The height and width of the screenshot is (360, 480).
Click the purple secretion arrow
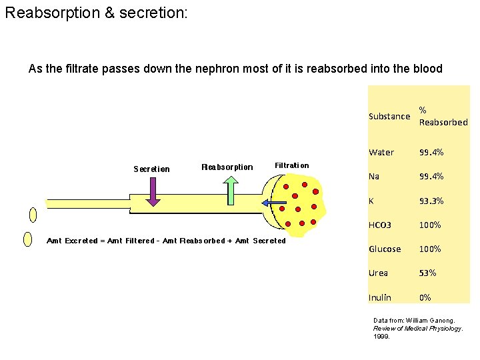[x=153, y=191]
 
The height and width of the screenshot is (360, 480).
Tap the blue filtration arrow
[x=273, y=202]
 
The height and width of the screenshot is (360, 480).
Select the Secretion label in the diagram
[x=151, y=169]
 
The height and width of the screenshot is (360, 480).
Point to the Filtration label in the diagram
[x=291, y=165]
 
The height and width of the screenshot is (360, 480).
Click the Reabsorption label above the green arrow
[x=227, y=167]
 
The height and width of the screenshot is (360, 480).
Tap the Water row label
[x=381, y=153]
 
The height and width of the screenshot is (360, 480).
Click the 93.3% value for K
[x=431, y=201]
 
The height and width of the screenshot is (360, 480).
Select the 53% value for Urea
[x=427, y=273]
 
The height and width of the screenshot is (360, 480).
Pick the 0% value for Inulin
[x=425, y=297]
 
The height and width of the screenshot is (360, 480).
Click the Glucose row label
[x=385, y=249]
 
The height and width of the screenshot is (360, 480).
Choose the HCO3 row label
[x=380, y=225]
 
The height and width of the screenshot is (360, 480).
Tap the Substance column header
[x=389, y=116]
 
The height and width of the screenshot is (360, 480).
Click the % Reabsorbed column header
[x=443, y=116]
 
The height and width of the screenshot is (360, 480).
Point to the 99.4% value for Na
[x=431, y=177]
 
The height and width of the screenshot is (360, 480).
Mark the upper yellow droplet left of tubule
[x=33, y=215]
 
